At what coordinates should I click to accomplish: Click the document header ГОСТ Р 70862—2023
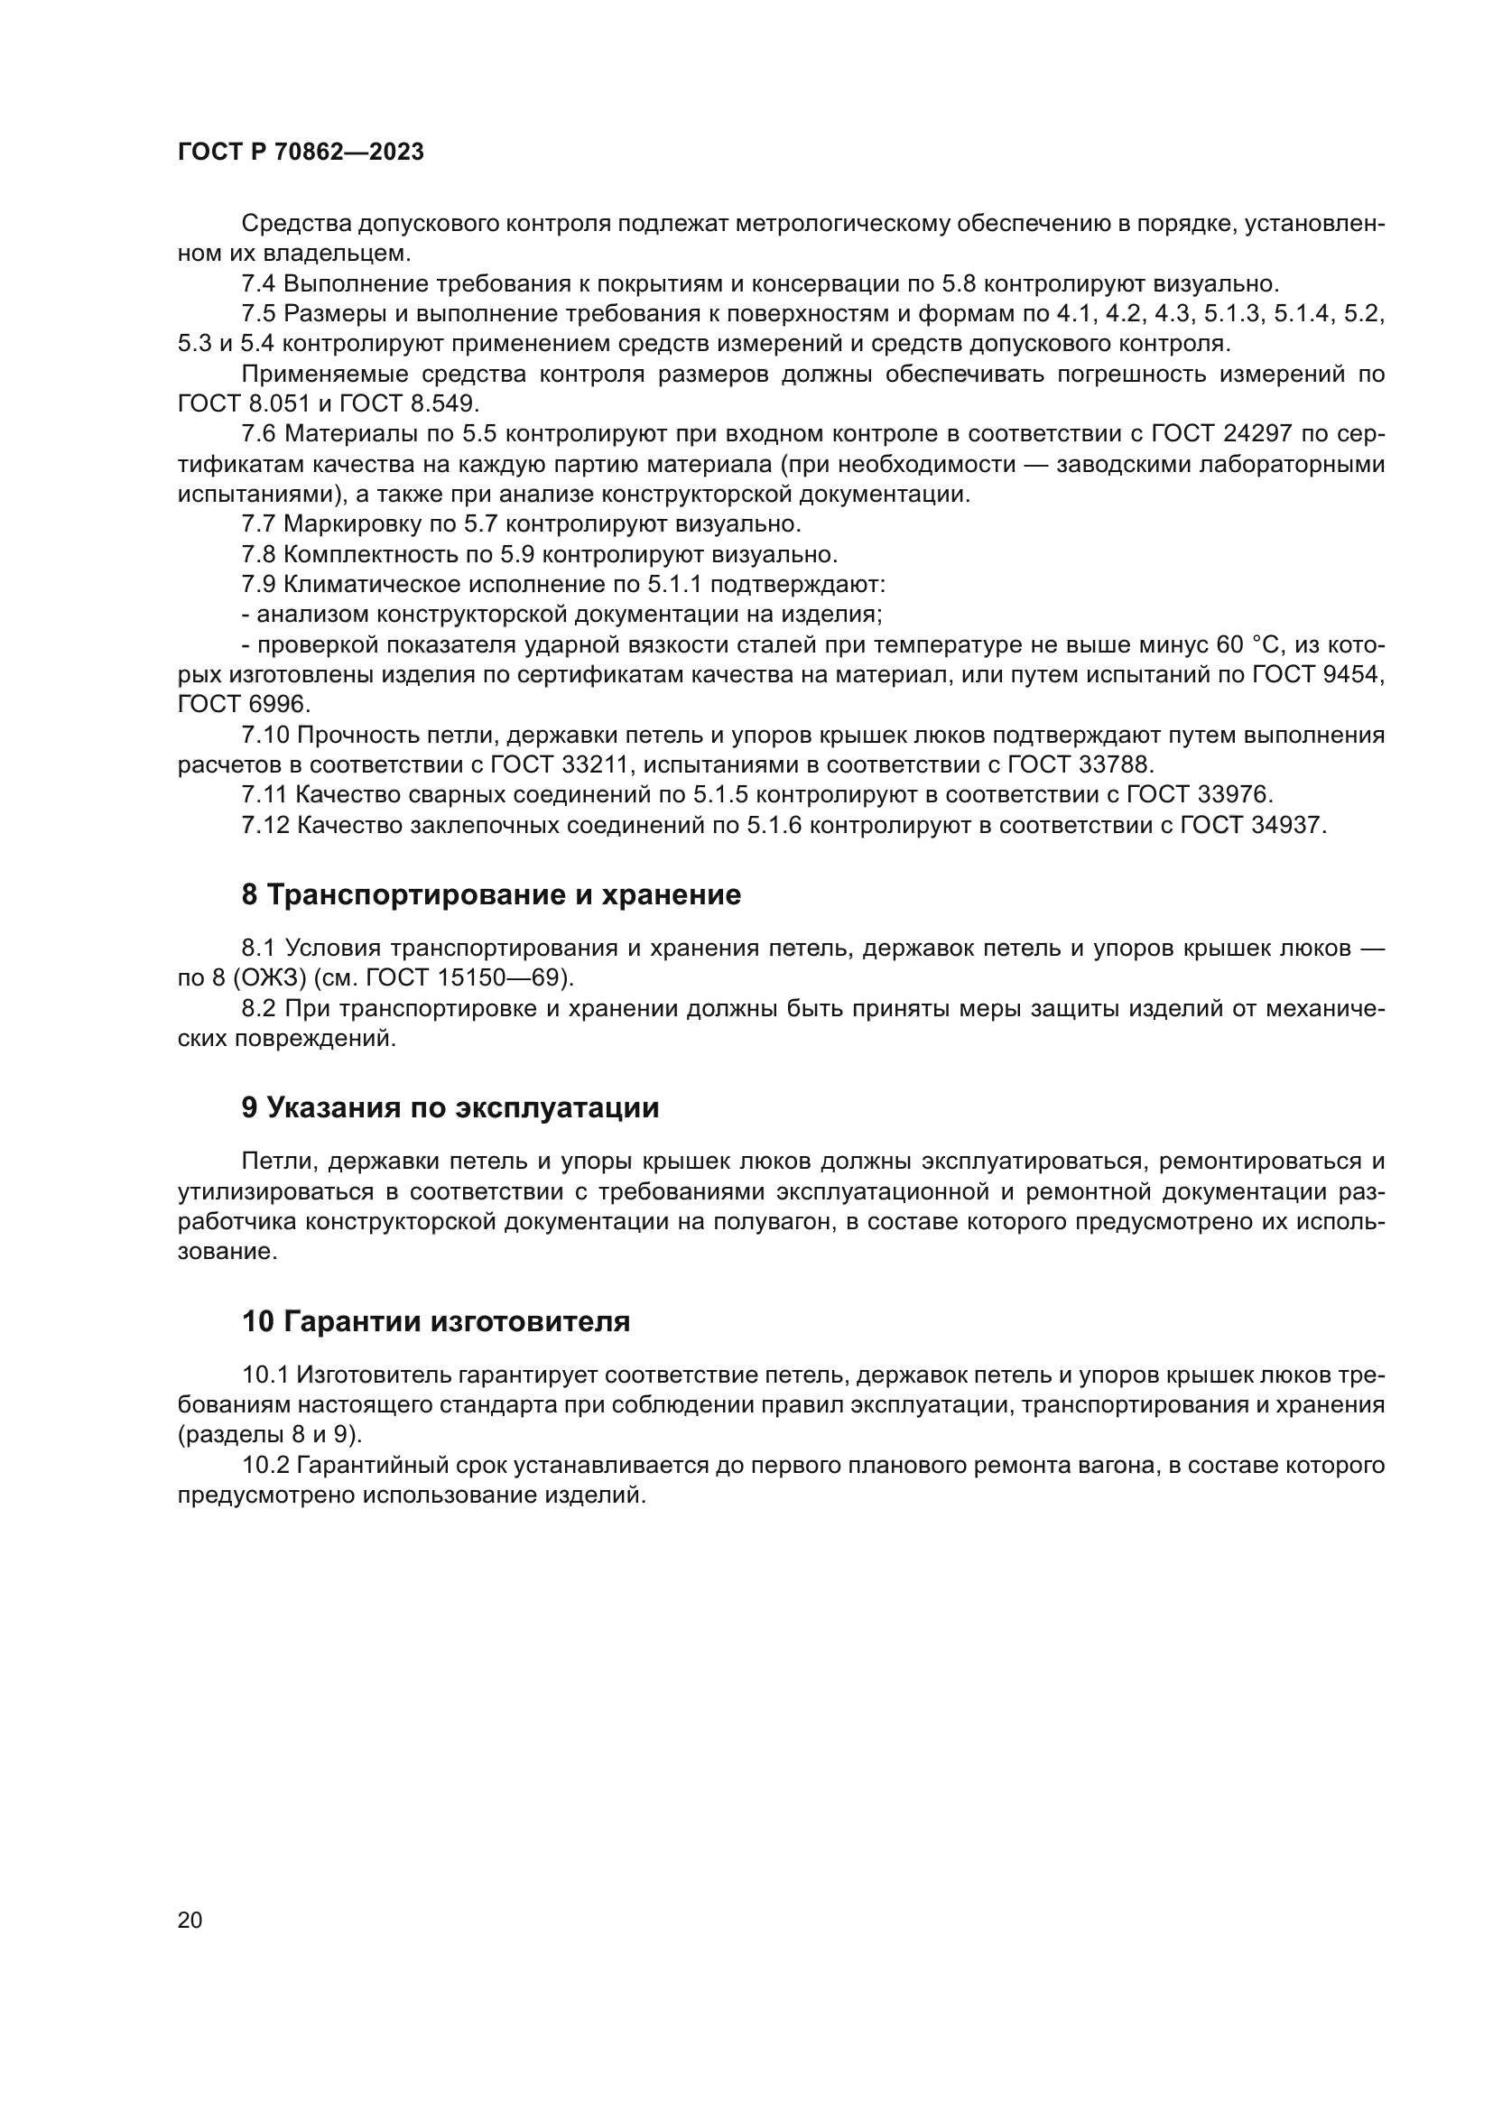coord(301,153)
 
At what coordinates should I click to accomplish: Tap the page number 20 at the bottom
coord(190,1920)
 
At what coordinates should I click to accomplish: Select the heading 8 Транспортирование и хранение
coord(491,894)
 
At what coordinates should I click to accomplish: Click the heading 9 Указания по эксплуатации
coord(450,1108)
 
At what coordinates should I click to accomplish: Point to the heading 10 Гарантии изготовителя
coord(436,1322)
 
